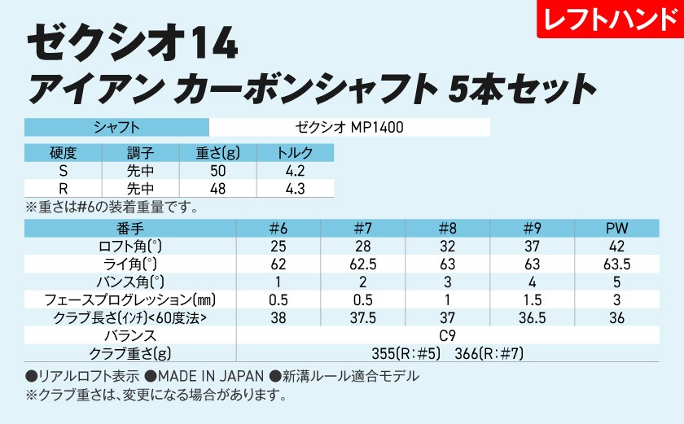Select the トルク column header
(x=295, y=152)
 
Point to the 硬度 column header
(x=63, y=152)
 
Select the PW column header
(x=616, y=228)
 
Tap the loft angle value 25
(x=278, y=246)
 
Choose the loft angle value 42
(x=616, y=246)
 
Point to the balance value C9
(x=447, y=335)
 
